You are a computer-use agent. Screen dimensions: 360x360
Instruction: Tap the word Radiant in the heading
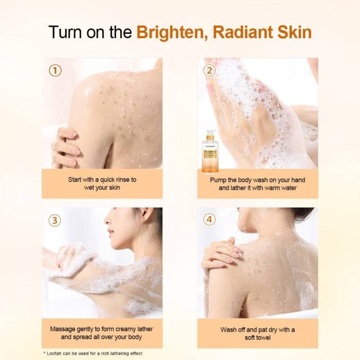[242, 32]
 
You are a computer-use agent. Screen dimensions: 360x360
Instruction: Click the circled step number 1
[55, 70]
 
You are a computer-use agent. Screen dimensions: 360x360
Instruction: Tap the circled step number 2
[209, 70]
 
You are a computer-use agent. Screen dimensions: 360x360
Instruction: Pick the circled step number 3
[55, 220]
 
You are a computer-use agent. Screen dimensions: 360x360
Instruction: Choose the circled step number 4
[209, 220]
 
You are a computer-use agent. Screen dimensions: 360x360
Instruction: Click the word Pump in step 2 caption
[219, 180]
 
